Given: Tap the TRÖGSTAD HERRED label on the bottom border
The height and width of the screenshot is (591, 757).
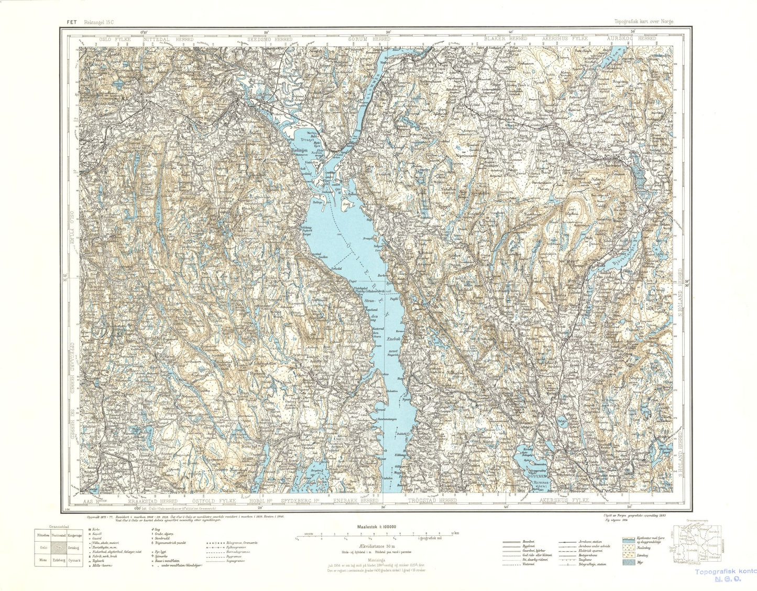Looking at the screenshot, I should pos(432,501).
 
